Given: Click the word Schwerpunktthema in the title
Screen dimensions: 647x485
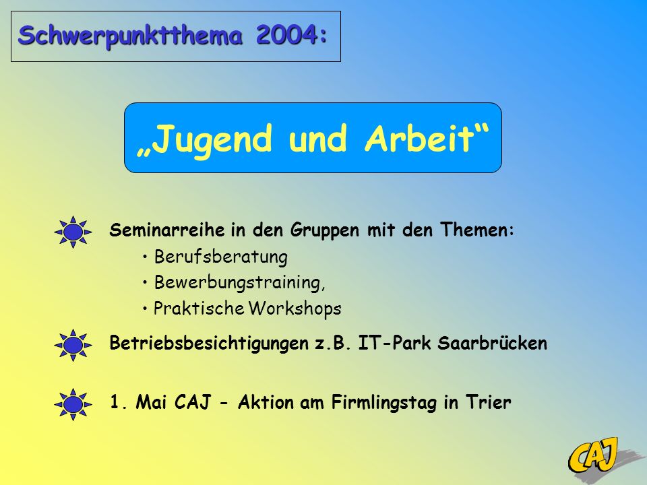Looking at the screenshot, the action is (x=130, y=36).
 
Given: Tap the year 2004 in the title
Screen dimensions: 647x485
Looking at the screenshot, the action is (x=287, y=34).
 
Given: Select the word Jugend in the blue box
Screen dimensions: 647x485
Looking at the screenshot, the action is (x=214, y=139).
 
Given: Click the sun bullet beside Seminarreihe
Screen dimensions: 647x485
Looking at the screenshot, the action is (x=73, y=232).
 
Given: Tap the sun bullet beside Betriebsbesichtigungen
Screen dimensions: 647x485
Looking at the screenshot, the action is (x=73, y=345).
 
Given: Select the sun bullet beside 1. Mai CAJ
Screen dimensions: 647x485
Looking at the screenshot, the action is (x=73, y=404).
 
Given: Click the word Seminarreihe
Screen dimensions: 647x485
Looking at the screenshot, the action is (x=167, y=230).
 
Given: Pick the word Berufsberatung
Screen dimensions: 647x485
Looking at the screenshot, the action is (x=221, y=257).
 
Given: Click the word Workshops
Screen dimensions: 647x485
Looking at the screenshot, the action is (x=295, y=309).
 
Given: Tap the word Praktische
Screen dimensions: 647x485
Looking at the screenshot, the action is (x=199, y=309).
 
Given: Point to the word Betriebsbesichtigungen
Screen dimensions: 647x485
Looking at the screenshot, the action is (x=209, y=344).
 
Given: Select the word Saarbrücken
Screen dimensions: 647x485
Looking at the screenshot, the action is (x=492, y=343).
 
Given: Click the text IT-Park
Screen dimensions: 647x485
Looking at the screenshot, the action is (x=394, y=343).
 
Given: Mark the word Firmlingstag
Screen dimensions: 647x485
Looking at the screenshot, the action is (x=383, y=403).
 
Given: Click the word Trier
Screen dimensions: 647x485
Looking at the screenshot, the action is (x=489, y=402).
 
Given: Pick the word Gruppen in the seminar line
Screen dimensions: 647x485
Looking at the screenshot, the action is (x=325, y=230).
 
